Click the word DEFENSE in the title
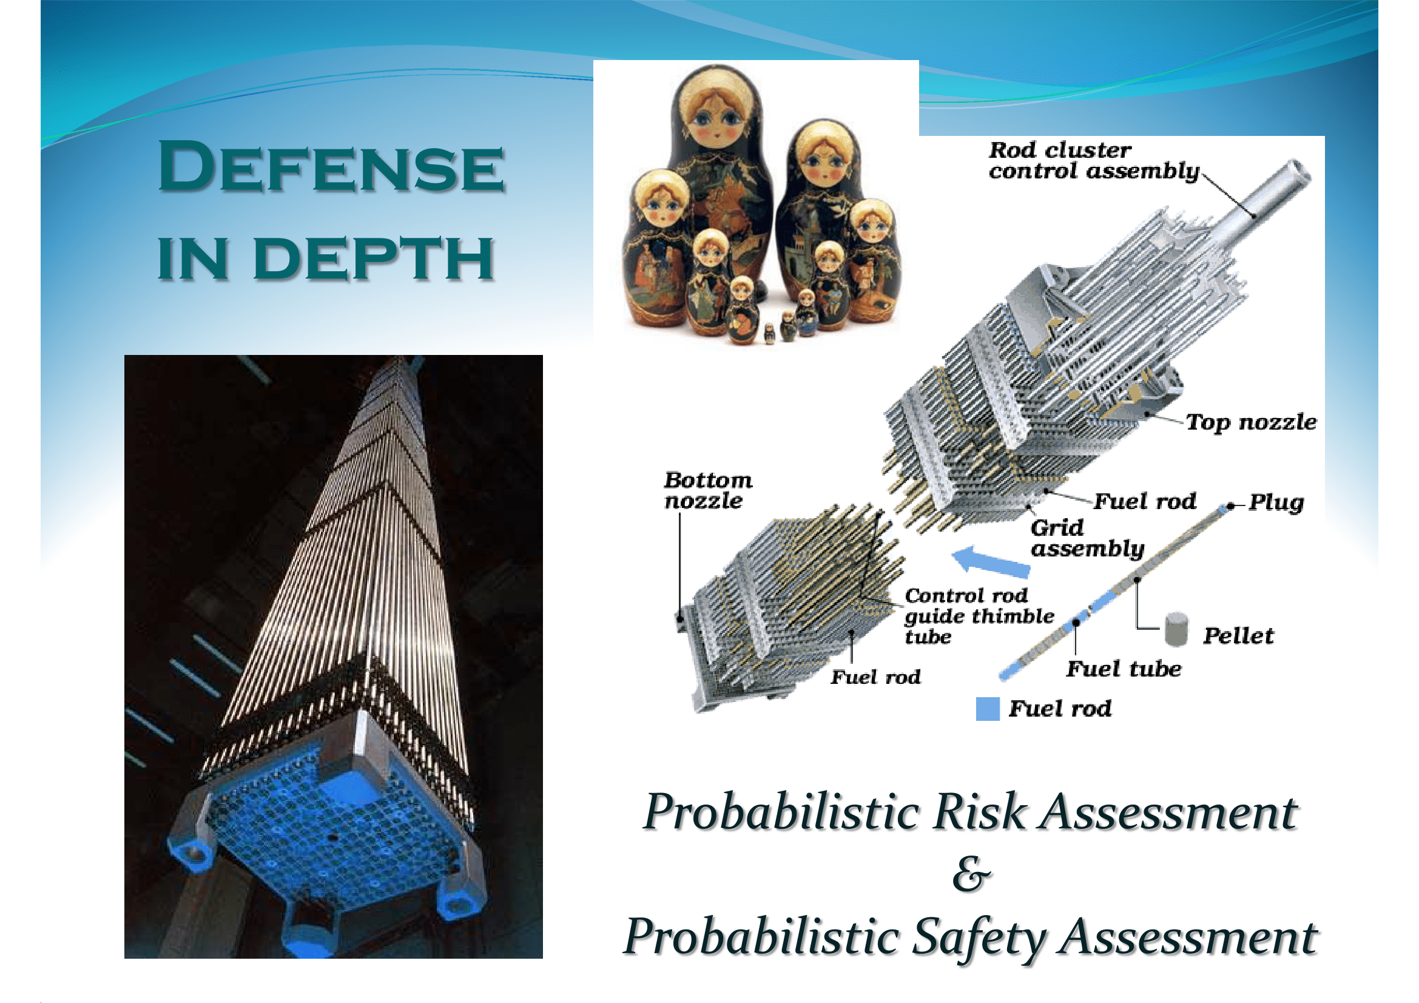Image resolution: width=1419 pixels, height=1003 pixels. pos(331,166)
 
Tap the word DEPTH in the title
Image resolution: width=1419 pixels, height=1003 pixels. pos(374,258)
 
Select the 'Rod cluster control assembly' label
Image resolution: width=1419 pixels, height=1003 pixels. pos(1093,161)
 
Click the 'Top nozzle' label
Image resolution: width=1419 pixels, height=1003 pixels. pos(1251,422)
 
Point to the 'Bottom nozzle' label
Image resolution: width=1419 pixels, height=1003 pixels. pos(707,490)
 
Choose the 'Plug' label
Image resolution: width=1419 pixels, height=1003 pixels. pos(1276,502)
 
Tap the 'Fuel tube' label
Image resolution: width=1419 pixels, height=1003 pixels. pos(1124,668)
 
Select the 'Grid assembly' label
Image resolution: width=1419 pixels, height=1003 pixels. pos(1087,538)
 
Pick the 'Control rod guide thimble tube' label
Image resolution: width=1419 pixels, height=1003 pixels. pos(979,616)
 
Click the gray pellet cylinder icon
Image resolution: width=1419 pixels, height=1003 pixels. pos(1176,629)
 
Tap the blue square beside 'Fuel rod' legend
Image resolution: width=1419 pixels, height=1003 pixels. pos(988,709)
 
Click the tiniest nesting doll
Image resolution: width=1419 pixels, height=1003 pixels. pos(769,334)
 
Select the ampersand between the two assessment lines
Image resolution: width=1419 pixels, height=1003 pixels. pos(971,874)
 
